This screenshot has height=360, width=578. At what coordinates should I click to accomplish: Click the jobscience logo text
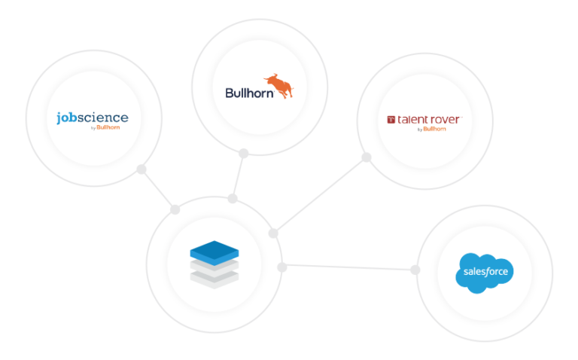[93, 117]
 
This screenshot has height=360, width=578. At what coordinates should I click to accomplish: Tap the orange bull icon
[278, 86]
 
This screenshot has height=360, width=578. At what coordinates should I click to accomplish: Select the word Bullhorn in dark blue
[250, 93]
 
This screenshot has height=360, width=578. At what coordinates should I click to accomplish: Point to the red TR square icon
[391, 120]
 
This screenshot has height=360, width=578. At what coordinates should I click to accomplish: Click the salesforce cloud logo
[485, 273]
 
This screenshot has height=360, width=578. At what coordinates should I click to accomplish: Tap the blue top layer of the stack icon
[214, 252]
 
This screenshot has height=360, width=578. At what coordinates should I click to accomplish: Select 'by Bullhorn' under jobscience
[105, 127]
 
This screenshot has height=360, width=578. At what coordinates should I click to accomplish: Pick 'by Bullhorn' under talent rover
[432, 129]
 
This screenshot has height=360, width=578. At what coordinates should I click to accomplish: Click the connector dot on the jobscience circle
[141, 169]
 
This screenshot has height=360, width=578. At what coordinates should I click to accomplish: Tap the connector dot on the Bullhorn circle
[243, 154]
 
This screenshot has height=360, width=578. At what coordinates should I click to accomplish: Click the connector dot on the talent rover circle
[366, 157]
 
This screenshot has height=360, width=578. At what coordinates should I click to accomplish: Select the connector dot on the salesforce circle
[415, 270]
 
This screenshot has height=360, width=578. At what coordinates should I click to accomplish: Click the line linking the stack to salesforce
[348, 267]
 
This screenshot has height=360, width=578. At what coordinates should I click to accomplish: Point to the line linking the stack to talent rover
[320, 196]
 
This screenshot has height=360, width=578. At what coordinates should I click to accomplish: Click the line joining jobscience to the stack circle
[158, 190]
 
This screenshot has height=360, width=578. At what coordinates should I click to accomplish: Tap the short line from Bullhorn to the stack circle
[238, 176]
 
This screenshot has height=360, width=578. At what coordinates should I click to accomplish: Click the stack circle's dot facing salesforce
[282, 267]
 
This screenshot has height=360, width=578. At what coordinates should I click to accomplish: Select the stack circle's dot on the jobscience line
[175, 210]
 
